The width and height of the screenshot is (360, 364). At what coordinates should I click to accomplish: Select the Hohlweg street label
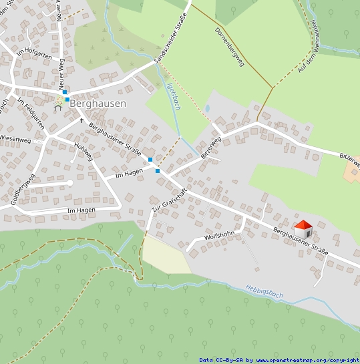pyautogui.click(x=83, y=152)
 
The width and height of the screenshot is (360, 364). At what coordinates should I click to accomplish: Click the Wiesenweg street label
pyautogui.click(x=15, y=140)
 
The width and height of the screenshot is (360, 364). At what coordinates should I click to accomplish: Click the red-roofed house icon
pyautogui.click(x=303, y=229)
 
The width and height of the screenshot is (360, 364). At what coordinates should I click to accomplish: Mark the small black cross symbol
pyautogui.click(x=82, y=120)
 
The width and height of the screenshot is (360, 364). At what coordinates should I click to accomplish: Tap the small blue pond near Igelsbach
pyautogui.click(x=207, y=108)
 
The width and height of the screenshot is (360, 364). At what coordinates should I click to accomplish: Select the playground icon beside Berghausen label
pyautogui.click(x=59, y=102)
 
